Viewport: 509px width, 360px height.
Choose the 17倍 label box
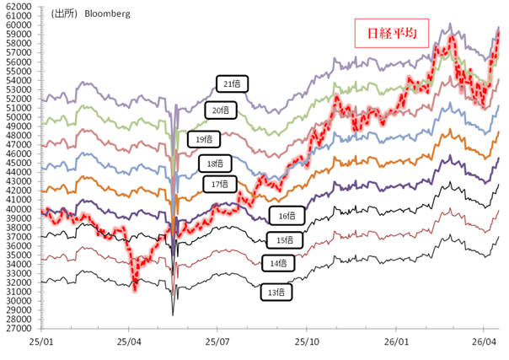point(218,183)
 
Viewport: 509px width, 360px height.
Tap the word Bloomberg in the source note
point(106,14)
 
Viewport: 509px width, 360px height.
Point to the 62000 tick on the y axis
point(19,7)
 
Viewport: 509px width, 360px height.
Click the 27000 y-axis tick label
point(19,328)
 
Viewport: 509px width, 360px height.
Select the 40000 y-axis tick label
point(19,209)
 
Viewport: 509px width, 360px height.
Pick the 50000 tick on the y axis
point(19,117)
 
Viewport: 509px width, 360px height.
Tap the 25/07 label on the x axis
point(217,343)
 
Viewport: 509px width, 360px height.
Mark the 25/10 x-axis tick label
point(306,343)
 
